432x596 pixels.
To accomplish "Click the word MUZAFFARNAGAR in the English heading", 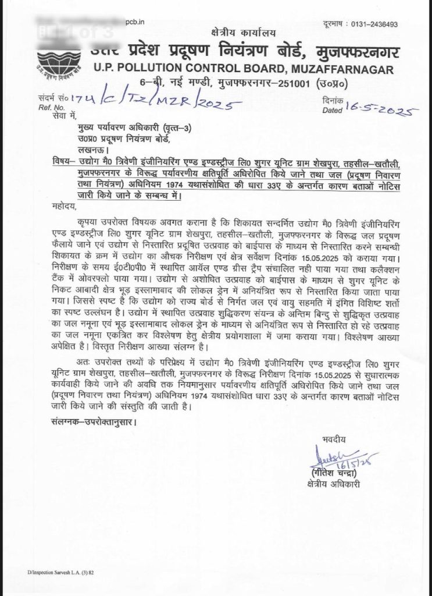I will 339,70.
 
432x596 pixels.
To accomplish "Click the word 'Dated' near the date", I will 331,109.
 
